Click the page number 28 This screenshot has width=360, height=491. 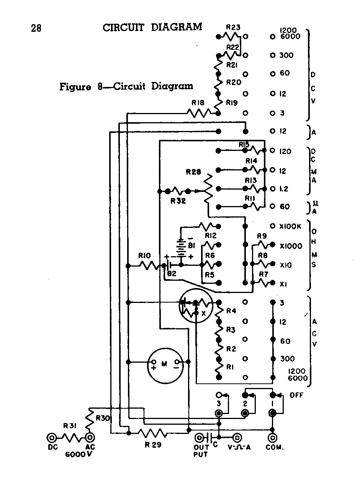coord(36,28)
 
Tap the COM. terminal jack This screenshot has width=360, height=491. coord(273,437)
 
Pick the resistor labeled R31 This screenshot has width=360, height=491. coord(71,437)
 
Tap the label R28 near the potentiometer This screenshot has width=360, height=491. coord(193,172)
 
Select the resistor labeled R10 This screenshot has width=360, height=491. coord(147,265)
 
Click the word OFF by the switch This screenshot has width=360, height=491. coord(296,395)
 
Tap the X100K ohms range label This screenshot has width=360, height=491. coord(291,226)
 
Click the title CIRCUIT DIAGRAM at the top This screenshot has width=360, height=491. coord(152,27)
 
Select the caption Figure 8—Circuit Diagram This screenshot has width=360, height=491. coord(126,86)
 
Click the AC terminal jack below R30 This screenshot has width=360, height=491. coord(90,437)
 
